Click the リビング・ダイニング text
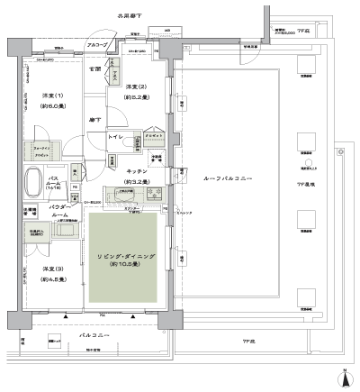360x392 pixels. coord(126,257)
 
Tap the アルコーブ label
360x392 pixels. coord(98,44)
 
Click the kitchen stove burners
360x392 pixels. coord(149,194)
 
